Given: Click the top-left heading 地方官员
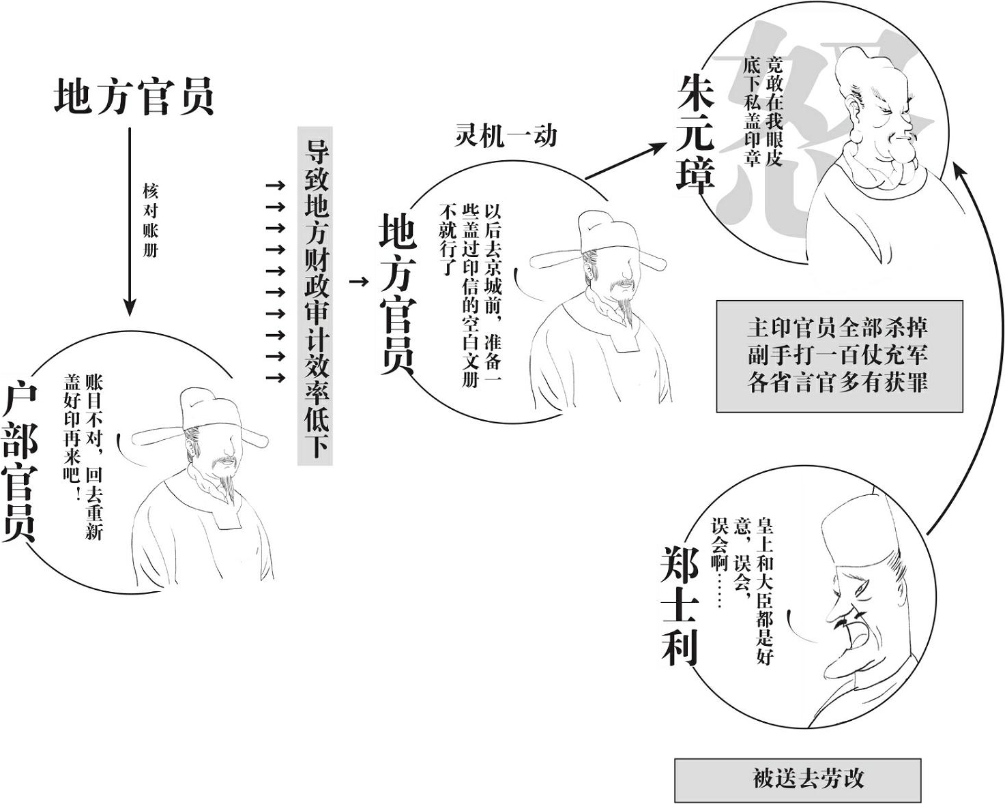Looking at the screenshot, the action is pyautogui.click(x=134, y=97).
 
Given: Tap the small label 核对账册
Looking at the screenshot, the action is pyautogui.click(x=150, y=220).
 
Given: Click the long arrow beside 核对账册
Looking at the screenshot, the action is pyautogui.click(x=130, y=222).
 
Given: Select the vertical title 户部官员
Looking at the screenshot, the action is pyautogui.click(x=19, y=464).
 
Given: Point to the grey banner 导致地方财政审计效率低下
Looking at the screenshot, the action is pyautogui.click(x=315, y=296).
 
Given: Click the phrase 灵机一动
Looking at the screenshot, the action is pyautogui.click(x=506, y=136).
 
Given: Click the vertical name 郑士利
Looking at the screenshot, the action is pyautogui.click(x=680, y=606).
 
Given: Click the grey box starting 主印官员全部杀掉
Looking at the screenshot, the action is pyautogui.click(x=840, y=356).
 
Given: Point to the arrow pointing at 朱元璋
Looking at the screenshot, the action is pyautogui.click(x=625, y=161).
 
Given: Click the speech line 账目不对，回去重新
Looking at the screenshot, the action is pyautogui.click(x=94, y=457).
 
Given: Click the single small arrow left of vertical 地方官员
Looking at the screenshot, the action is pyautogui.click(x=359, y=282).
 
